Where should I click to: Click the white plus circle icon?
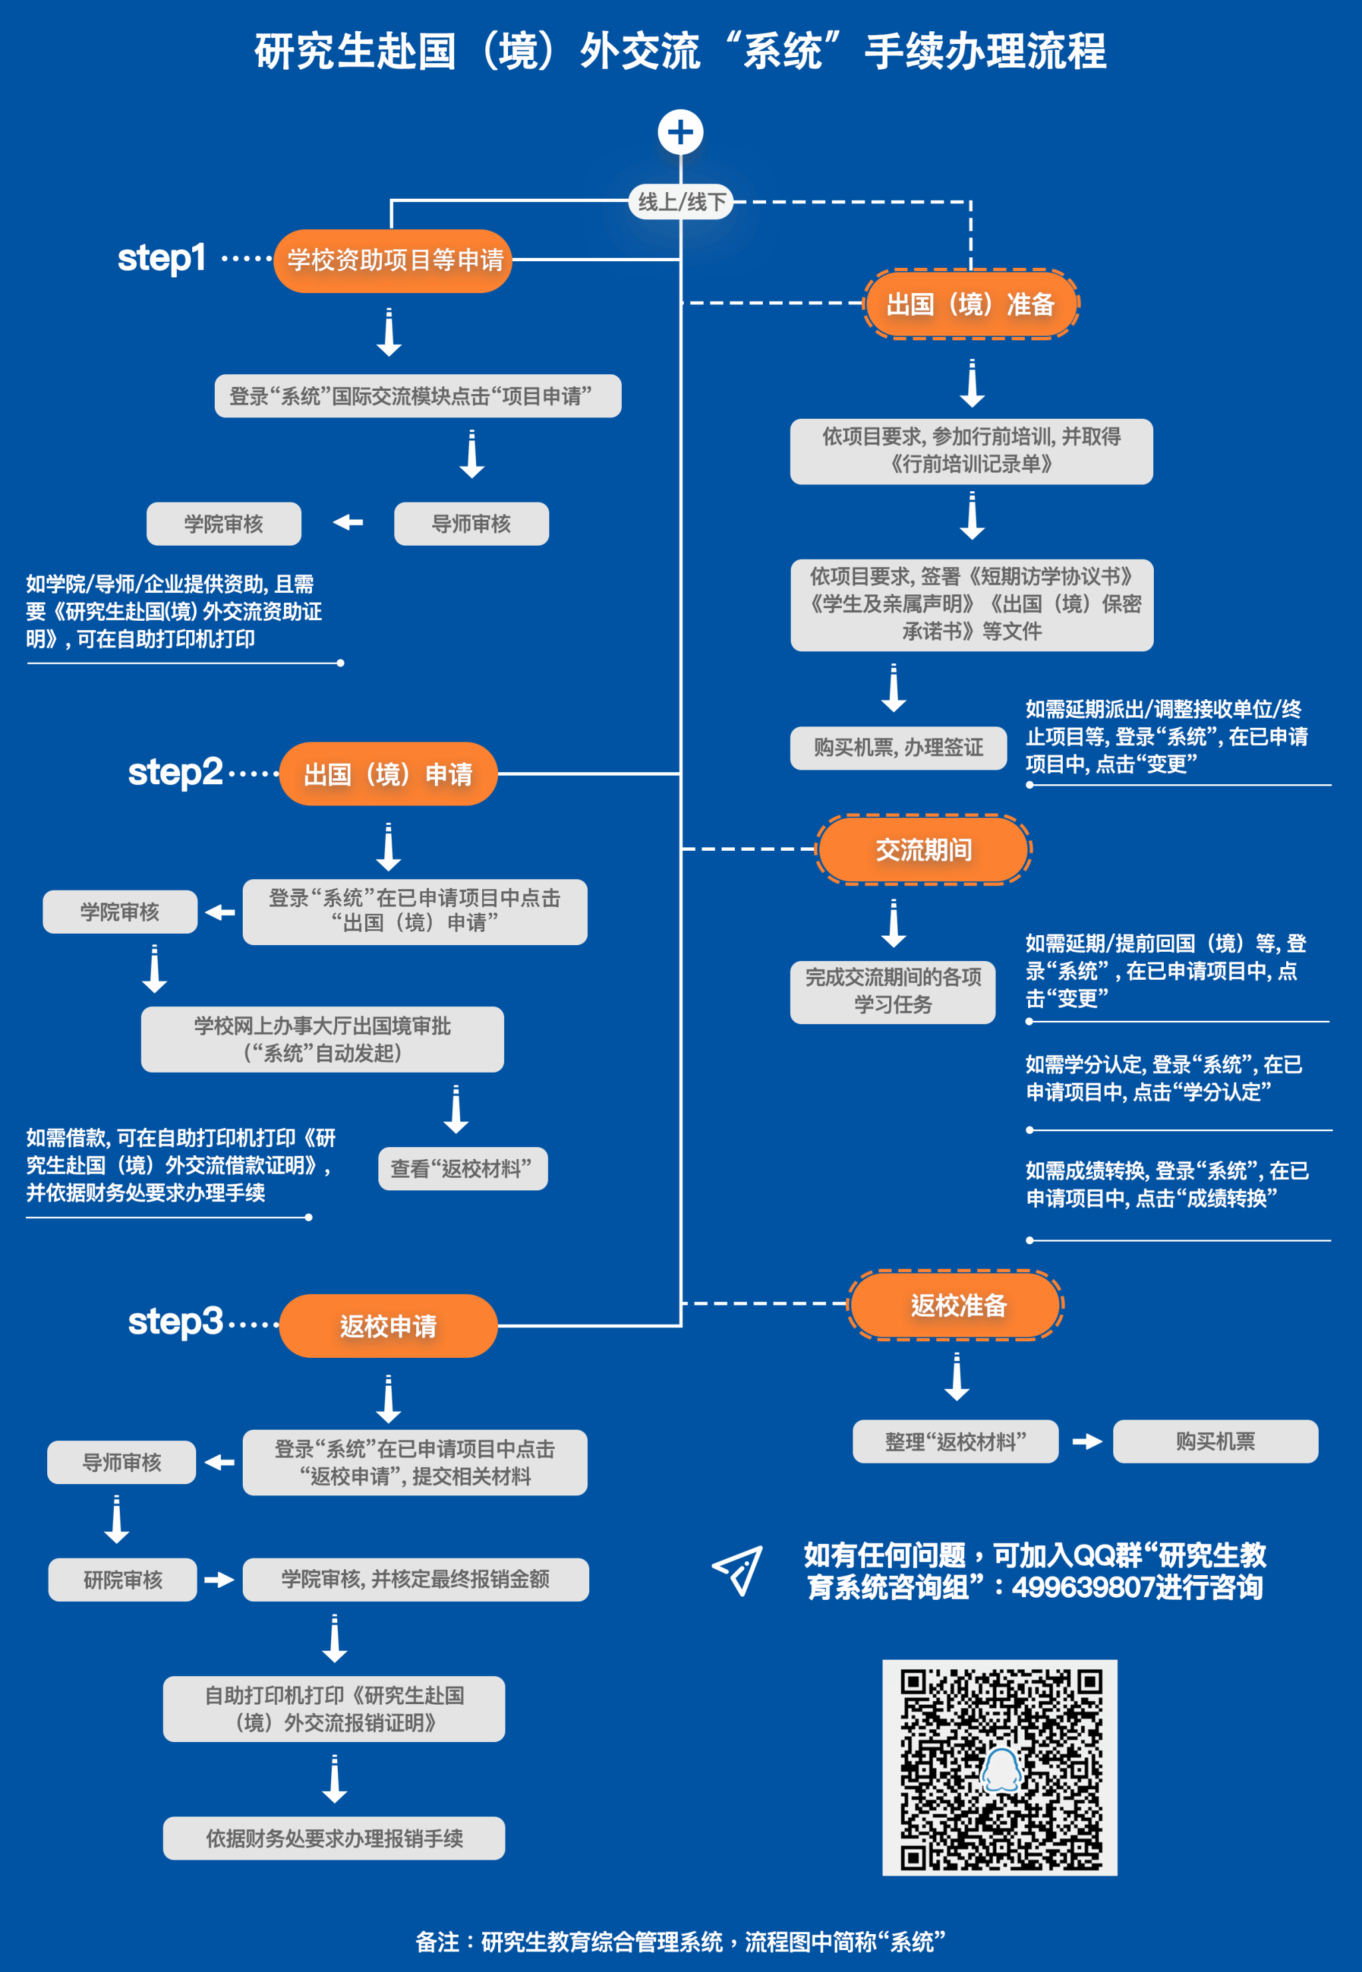pyautogui.click(x=680, y=132)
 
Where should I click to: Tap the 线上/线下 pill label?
pyautogui.click(x=681, y=202)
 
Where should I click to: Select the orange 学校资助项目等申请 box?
pyautogui.click(x=394, y=260)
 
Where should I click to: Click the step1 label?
pyautogui.click(x=162, y=258)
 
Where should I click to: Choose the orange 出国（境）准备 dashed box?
pyautogui.click(x=971, y=304)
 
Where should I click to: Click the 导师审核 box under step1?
pyautogui.click(x=471, y=524)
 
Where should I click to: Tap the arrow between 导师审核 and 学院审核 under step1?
pyautogui.click(x=348, y=522)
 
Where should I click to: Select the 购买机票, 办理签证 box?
pyautogui.click(x=898, y=748)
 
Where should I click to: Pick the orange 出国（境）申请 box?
pyautogui.click(x=388, y=774)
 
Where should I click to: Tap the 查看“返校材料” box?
pyautogui.click(x=462, y=1168)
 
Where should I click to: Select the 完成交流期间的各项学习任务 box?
pyautogui.click(x=892, y=991)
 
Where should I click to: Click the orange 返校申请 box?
pyautogui.click(x=388, y=1325)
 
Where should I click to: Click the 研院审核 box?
pyautogui.click(x=123, y=1580)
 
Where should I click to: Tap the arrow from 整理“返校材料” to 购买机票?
pyautogui.click(x=1087, y=1442)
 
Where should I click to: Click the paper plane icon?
pyautogui.click(x=738, y=1569)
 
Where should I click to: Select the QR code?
pyautogui.click(x=1000, y=1767)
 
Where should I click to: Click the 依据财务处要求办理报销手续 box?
pyautogui.click(x=334, y=1838)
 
